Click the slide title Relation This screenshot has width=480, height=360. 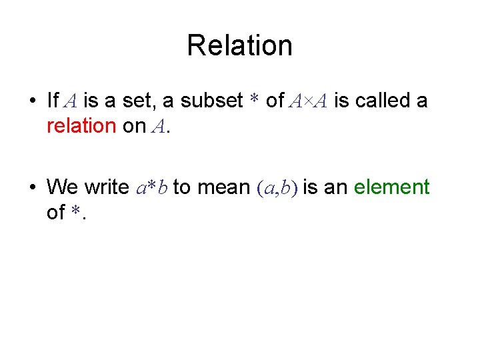[239, 46]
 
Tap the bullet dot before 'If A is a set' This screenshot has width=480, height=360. [32, 101]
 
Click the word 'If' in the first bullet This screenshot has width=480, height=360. [53, 101]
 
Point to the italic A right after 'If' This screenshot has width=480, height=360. [71, 101]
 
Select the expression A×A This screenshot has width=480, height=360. [309, 101]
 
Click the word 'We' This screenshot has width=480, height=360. [63, 188]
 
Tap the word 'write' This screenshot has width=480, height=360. [107, 188]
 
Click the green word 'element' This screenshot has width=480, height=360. [392, 188]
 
